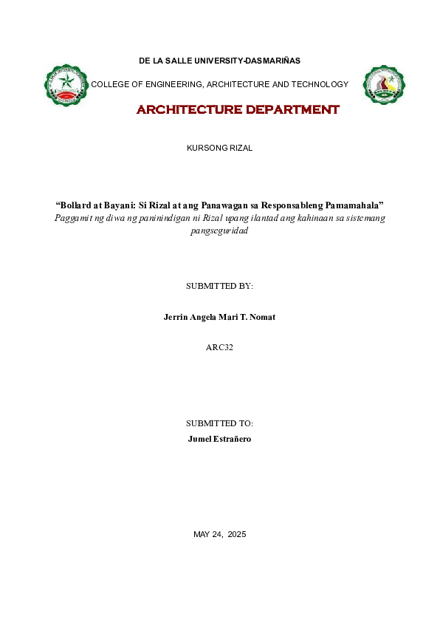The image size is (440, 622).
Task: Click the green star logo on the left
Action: pyautogui.click(x=66, y=84)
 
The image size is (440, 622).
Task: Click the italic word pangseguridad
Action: pyautogui.click(x=219, y=230)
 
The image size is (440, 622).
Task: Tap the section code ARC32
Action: pyautogui.click(x=219, y=346)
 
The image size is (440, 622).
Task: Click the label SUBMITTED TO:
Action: pyautogui.click(x=219, y=423)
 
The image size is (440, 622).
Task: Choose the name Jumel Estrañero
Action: pyautogui.click(x=219, y=439)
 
